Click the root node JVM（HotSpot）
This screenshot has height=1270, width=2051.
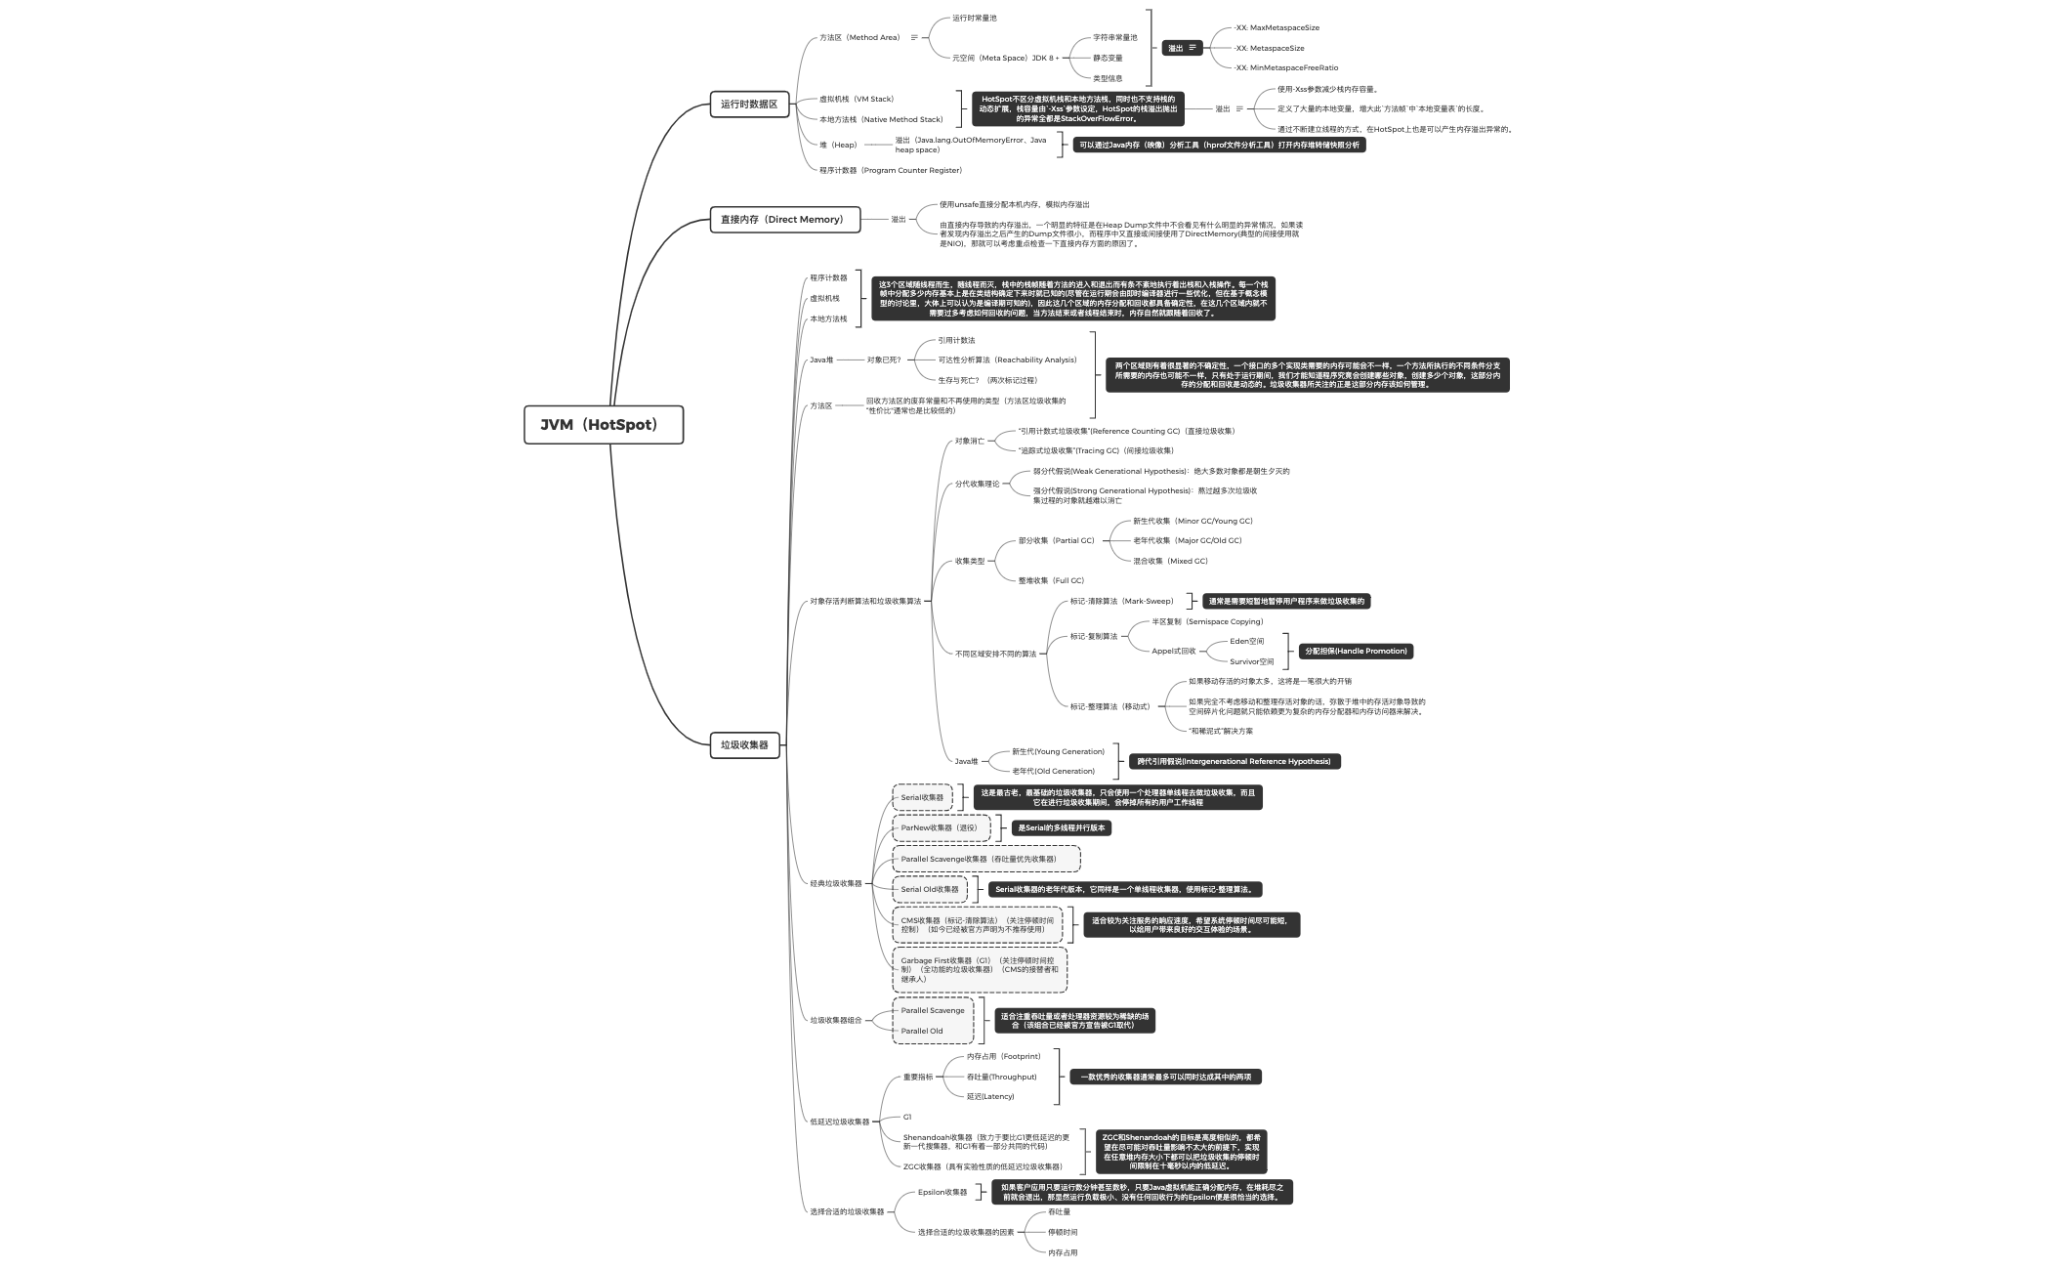pos(603,425)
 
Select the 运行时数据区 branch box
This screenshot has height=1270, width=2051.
pos(749,104)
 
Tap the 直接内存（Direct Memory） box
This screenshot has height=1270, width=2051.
pos(784,220)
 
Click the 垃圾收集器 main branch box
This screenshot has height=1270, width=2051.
pos(744,745)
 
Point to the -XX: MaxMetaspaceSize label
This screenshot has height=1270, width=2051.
pos(1277,28)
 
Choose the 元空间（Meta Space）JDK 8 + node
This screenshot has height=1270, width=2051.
pos(1005,59)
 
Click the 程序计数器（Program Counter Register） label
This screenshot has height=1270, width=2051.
pos(890,171)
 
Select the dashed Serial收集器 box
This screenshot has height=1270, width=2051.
pos(922,798)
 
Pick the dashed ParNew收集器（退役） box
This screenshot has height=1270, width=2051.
pos(940,828)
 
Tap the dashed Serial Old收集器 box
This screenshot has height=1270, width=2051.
pos(930,890)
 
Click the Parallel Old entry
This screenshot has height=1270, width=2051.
pos(922,1032)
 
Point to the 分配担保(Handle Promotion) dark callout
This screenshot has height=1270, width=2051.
pos(1356,652)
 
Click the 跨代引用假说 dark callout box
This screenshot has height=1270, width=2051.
pos(1235,762)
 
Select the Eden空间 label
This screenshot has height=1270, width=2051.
pos(1246,642)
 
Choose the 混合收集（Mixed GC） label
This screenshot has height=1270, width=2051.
pos(1170,562)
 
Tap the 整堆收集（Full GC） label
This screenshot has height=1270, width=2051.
pos(1051,581)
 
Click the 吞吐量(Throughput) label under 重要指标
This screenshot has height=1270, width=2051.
pos(1001,1078)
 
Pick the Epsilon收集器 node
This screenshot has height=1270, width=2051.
pos(942,1193)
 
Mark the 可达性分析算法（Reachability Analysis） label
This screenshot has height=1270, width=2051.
pos(1007,360)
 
